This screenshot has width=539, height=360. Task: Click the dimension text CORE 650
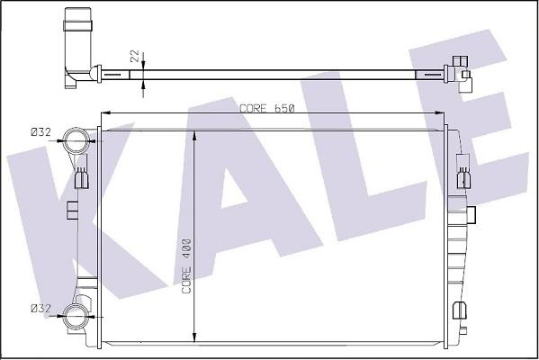click(267, 108)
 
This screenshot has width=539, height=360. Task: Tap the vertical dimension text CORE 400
click(187, 266)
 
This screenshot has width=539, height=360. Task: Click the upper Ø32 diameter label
click(40, 132)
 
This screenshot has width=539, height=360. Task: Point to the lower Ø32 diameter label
click(40, 309)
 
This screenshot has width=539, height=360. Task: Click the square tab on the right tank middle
click(472, 214)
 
